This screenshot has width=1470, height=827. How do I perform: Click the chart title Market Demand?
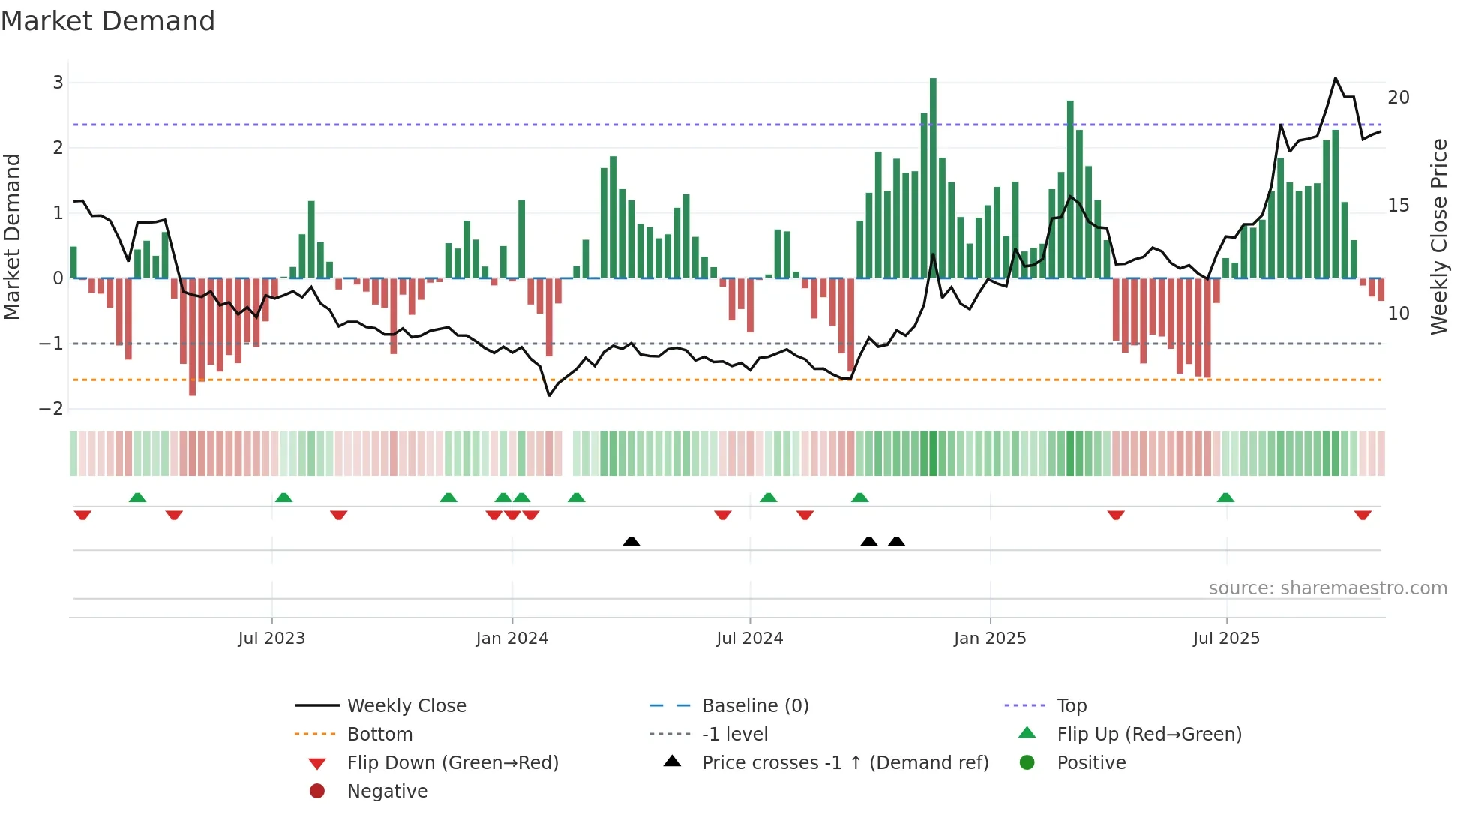(x=108, y=21)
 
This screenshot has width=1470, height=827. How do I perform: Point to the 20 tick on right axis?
(x=1398, y=98)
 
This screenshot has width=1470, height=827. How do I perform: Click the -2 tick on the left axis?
(x=51, y=409)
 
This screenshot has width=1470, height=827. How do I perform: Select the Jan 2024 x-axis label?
(x=511, y=639)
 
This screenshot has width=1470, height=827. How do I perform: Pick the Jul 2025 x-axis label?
(x=1226, y=639)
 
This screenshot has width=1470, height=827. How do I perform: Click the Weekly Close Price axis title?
(x=1438, y=236)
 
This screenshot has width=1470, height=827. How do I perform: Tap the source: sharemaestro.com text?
(x=1327, y=588)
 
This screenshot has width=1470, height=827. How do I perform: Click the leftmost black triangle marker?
(x=631, y=541)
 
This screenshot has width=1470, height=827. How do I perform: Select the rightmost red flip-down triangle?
(x=1363, y=515)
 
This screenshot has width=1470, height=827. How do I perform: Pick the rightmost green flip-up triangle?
(x=1225, y=498)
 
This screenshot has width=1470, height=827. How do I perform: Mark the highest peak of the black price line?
(x=1336, y=78)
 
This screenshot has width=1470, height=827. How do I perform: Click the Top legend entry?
(x=1072, y=706)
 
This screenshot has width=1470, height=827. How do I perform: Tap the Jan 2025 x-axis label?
(x=990, y=639)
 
